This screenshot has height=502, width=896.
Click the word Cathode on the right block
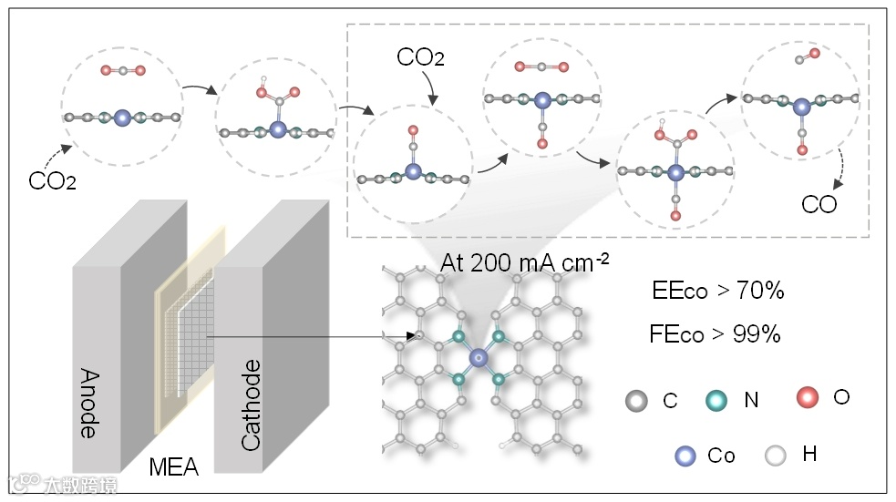point(251,405)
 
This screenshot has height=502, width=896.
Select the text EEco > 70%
point(718,292)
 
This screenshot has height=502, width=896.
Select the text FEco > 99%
point(716,334)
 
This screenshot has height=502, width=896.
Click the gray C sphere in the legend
point(636,399)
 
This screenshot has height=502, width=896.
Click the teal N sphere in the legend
point(716,399)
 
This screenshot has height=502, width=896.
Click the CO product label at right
point(819,204)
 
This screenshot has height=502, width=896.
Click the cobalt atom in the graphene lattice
point(479,360)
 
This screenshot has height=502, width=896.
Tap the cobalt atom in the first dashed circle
point(123,117)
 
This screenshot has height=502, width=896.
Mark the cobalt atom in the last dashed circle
point(801,107)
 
